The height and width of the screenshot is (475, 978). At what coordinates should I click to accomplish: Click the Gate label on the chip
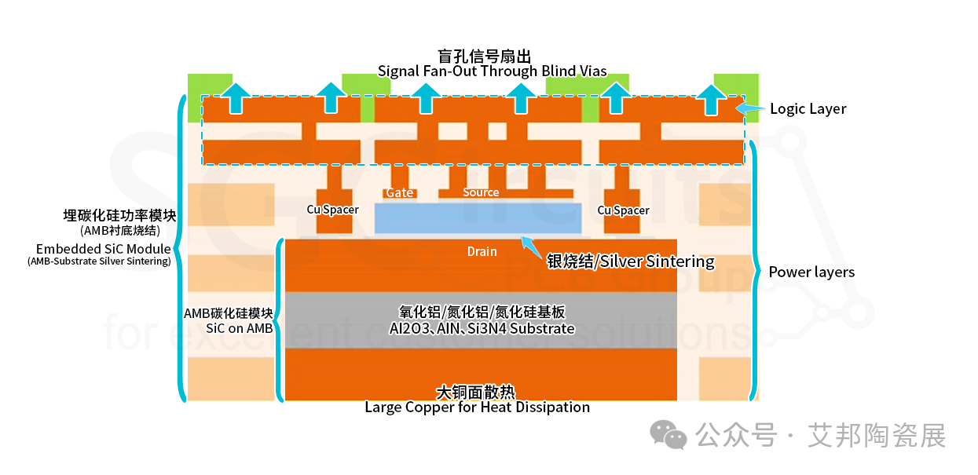[x=400, y=192]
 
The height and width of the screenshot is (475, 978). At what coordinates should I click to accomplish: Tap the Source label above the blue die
[x=481, y=192]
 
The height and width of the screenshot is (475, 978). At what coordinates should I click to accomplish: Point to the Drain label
[x=482, y=252]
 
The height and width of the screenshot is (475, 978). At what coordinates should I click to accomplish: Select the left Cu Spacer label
[x=333, y=210]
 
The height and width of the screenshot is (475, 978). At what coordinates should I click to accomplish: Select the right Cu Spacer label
[x=623, y=210]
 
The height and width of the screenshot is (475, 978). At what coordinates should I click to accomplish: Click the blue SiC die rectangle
[x=478, y=218]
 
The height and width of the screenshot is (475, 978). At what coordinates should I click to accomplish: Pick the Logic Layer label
[x=808, y=108]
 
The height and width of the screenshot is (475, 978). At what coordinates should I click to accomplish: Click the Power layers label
[x=811, y=272]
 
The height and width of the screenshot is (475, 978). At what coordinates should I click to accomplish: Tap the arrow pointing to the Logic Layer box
[x=750, y=108]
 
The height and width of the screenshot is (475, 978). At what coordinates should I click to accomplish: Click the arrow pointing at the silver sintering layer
[x=531, y=247]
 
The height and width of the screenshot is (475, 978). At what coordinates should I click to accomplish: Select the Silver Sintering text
[x=657, y=261]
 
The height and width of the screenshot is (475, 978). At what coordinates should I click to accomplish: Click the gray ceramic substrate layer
[x=481, y=320]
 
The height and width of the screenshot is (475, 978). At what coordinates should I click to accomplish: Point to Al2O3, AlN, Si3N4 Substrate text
[x=482, y=328]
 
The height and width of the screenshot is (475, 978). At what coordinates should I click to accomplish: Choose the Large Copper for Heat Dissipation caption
[x=477, y=407]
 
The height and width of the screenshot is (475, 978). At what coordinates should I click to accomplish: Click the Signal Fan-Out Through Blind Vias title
[x=492, y=71]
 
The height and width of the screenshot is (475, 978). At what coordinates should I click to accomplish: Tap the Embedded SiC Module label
[x=104, y=249]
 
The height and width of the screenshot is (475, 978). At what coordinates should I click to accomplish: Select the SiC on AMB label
[x=240, y=328]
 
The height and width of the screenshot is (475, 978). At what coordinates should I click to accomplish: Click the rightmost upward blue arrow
[x=711, y=100]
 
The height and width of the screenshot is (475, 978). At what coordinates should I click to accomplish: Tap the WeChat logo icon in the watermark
[x=668, y=434]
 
